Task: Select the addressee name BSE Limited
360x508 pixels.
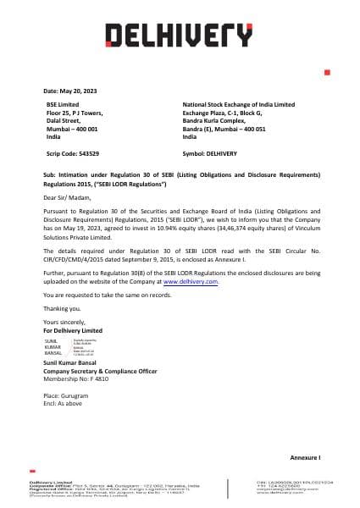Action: point(61,103)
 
